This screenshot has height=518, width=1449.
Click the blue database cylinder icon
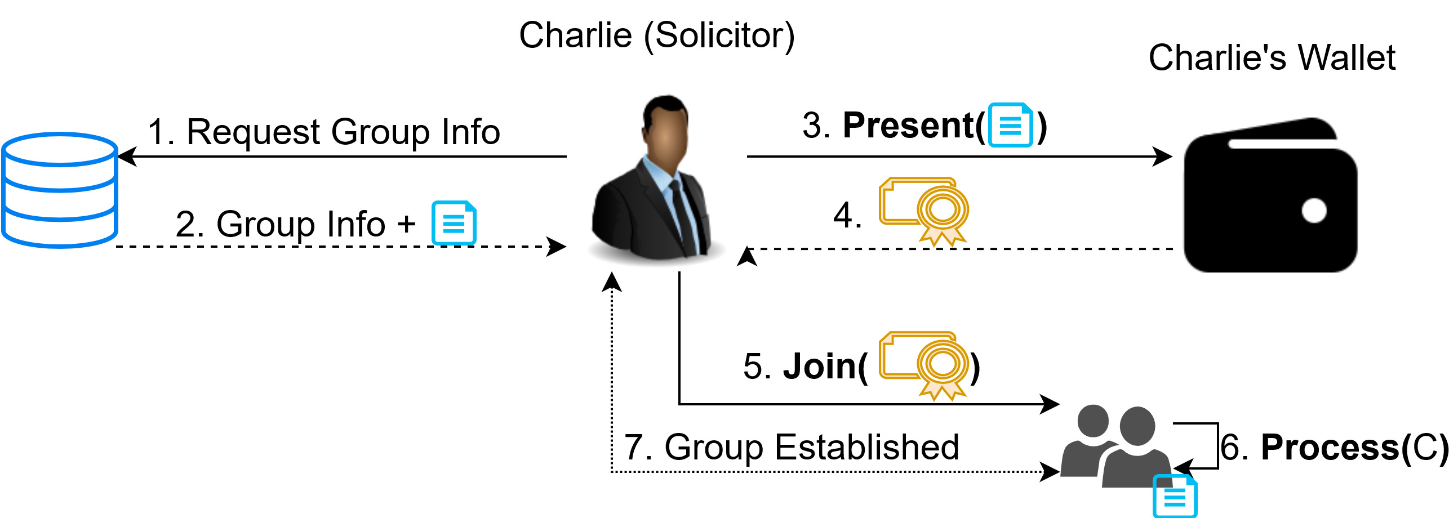tap(60, 190)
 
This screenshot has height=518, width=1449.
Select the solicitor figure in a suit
tap(656, 180)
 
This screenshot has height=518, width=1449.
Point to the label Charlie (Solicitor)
tap(656, 35)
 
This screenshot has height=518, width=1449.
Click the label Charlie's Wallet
tap(1272, 57)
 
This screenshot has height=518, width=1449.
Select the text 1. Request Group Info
tap(324, 132)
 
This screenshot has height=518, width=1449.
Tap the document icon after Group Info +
tap(454, 223)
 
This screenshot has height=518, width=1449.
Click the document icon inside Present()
tap(1010, 125)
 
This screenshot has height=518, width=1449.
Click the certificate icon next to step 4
tap(924, 212)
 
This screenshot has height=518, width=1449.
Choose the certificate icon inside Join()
tap(924, 365)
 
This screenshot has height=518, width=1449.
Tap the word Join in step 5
tap(820, 367)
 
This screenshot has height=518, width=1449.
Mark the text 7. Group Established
tap(792, 448)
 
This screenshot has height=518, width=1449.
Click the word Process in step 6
tap(1330, 448)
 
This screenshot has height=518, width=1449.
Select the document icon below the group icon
tap(1175, 496)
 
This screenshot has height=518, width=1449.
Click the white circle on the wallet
tap(1314, 211)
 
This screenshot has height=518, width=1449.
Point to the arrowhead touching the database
tap(127, 157)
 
